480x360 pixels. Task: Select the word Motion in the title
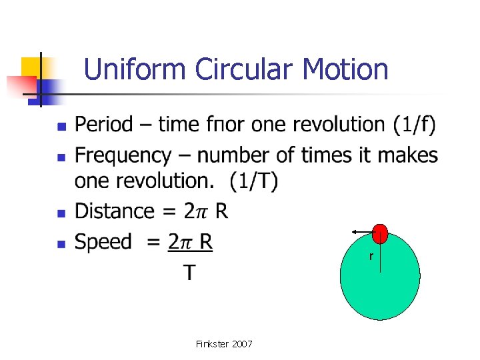click(345, 69)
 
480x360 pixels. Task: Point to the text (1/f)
click(414, 125)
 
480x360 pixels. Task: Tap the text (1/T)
click(254, 181)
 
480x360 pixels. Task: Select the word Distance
click(115, 211)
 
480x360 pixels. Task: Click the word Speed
click(103, 242)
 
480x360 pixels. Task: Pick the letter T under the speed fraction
click(190, 272)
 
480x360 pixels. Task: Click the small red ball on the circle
click(380, 233)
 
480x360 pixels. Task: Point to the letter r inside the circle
click(371, 257)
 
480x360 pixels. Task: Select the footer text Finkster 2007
click(224, 344)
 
